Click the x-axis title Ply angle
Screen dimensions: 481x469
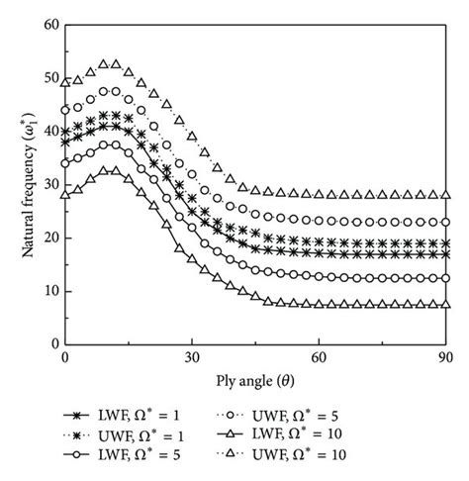point(255,377)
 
